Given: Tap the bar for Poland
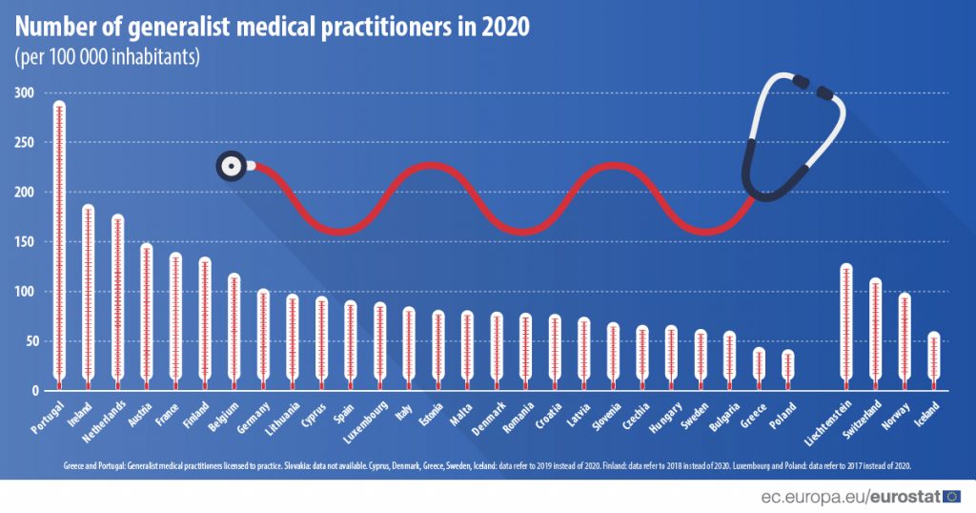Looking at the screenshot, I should click(788, 370).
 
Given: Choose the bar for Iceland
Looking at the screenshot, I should click(934, 361).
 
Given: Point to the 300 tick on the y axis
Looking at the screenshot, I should click(24, 93).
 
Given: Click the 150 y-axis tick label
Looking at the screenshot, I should click(24, 242).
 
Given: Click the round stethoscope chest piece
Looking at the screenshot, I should click(231, 166).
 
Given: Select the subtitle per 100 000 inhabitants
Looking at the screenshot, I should click(107, 56).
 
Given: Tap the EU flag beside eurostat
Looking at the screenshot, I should click(951, 495).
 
